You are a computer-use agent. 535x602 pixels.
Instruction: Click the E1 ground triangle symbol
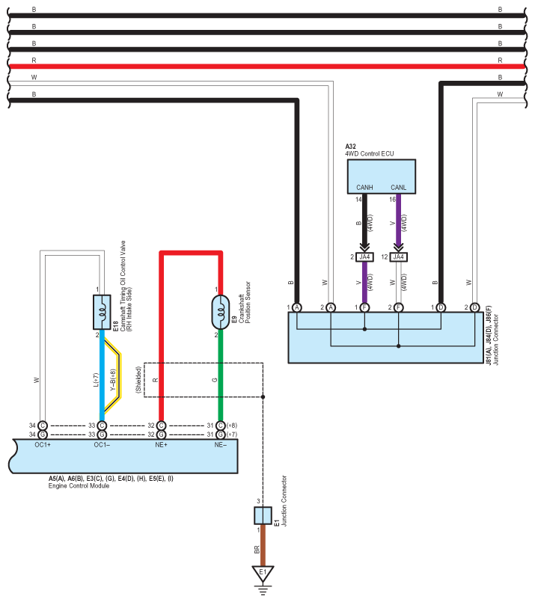(x=263, y=573)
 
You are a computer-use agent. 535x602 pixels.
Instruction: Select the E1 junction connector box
(x=263, y=515)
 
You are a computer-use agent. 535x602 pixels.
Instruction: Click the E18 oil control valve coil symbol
(x=102, y=312)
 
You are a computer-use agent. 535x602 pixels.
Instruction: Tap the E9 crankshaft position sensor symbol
(x=221, y=312)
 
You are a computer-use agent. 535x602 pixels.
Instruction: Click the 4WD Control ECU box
(x=382, y=176)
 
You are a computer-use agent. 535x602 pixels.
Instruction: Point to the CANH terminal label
(x=364, y=188)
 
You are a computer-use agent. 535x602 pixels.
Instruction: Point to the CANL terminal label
(x=398, y=188)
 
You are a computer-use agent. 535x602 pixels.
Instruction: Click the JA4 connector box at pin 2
(x=364, y=257)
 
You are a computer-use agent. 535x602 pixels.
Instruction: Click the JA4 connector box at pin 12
(x=398, y=257)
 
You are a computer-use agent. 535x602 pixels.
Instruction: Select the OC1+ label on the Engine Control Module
(x=43, y=445)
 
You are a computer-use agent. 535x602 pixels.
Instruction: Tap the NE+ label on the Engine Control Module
(x=162, y=445)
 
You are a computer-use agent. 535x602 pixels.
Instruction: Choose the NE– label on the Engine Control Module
(x=221, y=445)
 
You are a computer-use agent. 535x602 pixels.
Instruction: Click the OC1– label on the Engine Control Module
(x=102, y=445)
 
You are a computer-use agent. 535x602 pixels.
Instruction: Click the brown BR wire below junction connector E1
(x=263, y=545)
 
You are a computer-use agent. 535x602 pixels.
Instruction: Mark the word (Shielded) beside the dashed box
(x=138, y=380)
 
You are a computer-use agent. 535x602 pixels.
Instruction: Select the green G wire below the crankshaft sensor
(x=221, y=375)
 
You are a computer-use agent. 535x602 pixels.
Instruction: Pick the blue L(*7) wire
(x=102, y=375)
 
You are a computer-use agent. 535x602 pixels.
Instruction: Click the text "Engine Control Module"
(x=79, y=485)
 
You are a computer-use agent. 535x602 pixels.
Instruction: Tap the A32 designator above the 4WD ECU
(x=350, y=147)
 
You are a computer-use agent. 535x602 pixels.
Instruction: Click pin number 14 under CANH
(x=358, y=199)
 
